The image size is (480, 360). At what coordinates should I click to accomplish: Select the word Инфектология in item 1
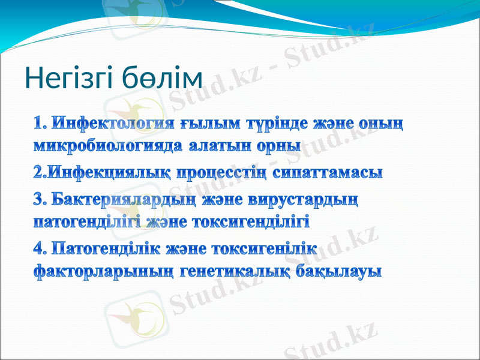(114, 124)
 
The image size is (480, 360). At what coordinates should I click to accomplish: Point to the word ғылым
(210, 124)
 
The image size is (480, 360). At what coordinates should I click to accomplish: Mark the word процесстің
(219, 174)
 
